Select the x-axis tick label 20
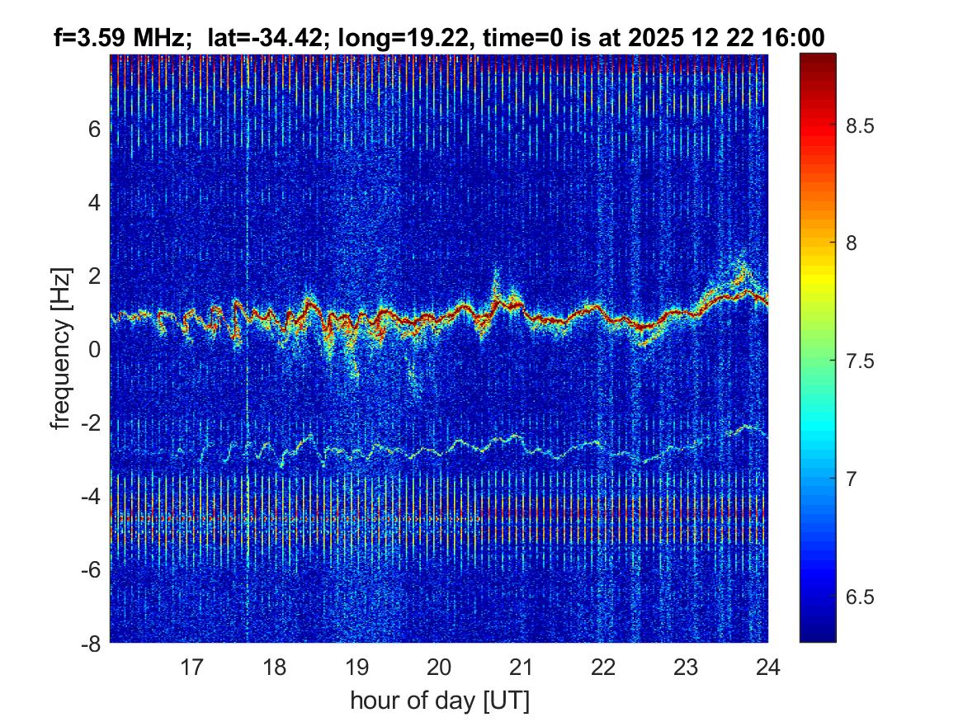tap(439, 666)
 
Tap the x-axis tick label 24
tap(768, 666)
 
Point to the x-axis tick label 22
tap(603, 666)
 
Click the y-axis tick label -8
tap(91, 643)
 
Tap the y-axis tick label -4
tap(91, 496)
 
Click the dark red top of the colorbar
tap(817, 59)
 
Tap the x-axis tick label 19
tap(356, 666)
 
